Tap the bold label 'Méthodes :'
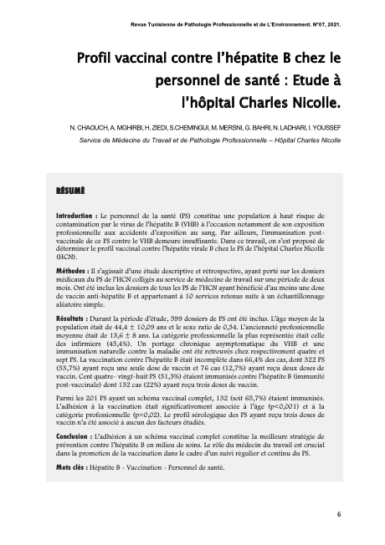64,272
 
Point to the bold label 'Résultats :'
65,319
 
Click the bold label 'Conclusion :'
68,435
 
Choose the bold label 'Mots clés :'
64,467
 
